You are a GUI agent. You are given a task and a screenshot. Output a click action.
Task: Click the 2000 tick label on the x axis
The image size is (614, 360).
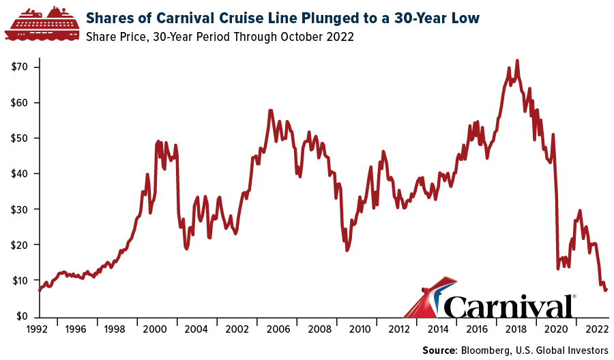tap(155, 329)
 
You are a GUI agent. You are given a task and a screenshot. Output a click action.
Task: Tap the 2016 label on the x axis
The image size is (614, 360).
tap(478, 329)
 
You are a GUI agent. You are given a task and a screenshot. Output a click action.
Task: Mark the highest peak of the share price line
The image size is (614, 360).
tap(517, 61)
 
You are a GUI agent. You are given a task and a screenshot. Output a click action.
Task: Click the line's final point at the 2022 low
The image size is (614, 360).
tap(606, 290)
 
